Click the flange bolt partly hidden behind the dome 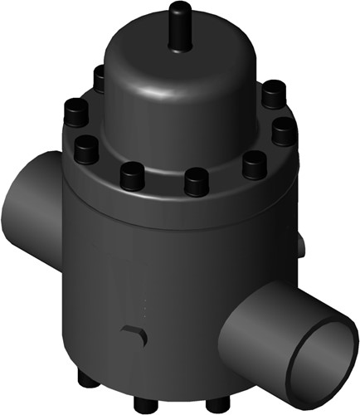pyautogui.click(x=100, y=78)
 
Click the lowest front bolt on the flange pyautogui.click(x=194, y=181)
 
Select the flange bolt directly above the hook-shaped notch pyautogui.click(x=131, y=175)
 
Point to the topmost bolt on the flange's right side pyautogui.click(x=270, y=93)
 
